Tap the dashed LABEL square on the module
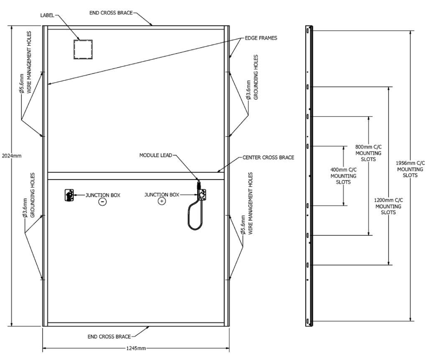[x=83, y=49]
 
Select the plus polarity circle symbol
[x=161, y=201]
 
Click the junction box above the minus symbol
[x=69, y=195]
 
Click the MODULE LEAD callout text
[x=156, y=155]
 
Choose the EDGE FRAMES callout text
[x=263, y=38]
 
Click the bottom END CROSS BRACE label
[x=109, y=337]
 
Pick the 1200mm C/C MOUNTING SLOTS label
[x=388, y=206]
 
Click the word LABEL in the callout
[x=47, y=15]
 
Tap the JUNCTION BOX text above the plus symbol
[x=162, y=195]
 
